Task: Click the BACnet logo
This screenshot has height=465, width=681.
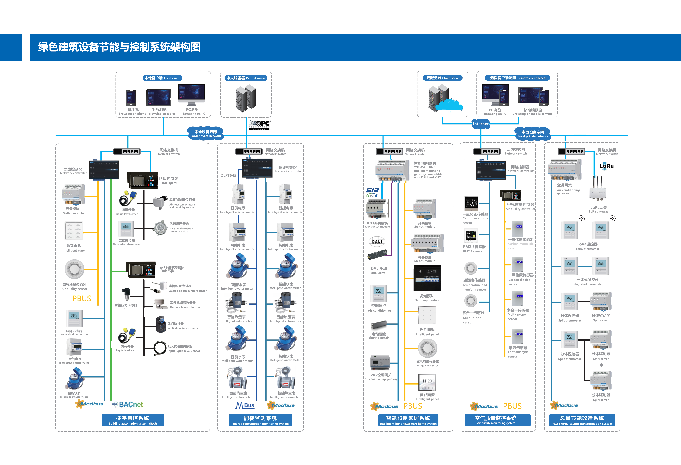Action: pos(128,404)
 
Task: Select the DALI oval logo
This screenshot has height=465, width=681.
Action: pos(377,242)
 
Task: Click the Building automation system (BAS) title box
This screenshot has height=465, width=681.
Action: pos(133,420)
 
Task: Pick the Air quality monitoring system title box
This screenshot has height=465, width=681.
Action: pos(497,420)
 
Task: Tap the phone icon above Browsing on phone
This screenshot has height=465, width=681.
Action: pos(131,98)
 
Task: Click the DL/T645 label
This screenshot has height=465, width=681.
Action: pos(228,175)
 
